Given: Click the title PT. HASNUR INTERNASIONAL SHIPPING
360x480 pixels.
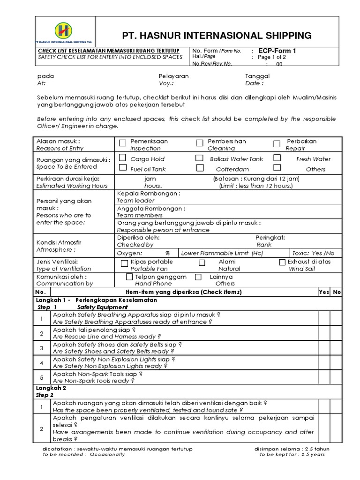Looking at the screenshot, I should pyautogui.click(x=217, y=35).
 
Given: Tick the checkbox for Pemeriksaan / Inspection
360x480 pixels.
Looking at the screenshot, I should pyautogui.click(x=123, y=143).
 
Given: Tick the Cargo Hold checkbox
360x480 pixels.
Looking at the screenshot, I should pyautogui.click(x=123, y=158).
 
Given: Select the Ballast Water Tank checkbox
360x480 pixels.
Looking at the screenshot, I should pyautogui.click(x=199, y=158).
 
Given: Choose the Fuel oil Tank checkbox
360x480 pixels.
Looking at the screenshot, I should pyautogui.click(x=123, y=168).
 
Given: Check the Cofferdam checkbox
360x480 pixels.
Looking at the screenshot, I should pyautogui.click(x=200, y=168).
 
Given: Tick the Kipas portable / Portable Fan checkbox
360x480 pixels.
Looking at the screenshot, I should pyautogui.click(x=124, y=263).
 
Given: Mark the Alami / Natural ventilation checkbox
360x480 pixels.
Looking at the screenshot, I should pyautogui.click(x=202, y=263).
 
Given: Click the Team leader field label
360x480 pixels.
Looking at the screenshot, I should pyautogui.click(x=135, y=200).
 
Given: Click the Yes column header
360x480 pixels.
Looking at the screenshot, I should pyautogui.click(x=324, y=292).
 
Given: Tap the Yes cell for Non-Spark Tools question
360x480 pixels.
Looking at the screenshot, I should pyautogui.click(x=324, y=377).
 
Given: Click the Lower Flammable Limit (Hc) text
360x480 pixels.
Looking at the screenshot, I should pyautogui.click(x=222, y=253).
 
